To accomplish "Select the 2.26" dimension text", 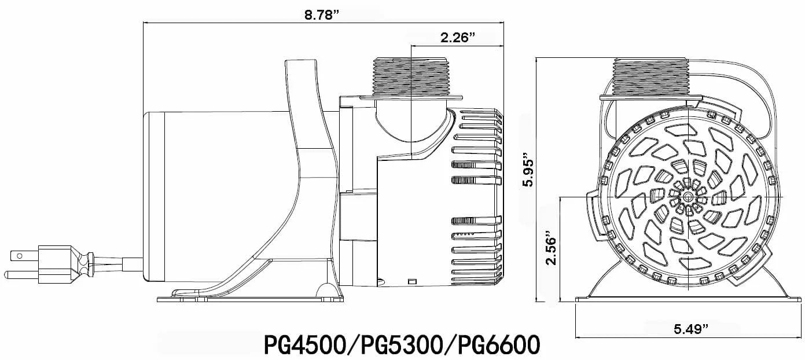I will click(x=457, y=38).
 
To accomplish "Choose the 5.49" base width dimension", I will click(x=691, y=329).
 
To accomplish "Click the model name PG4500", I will click(x=303, y=344).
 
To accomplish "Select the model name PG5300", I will click(x=402, y=344).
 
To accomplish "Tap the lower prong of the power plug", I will click(x=21, y=273).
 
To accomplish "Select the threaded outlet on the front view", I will click(x=650, y=78).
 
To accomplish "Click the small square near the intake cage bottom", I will click(x=412, y=281).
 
